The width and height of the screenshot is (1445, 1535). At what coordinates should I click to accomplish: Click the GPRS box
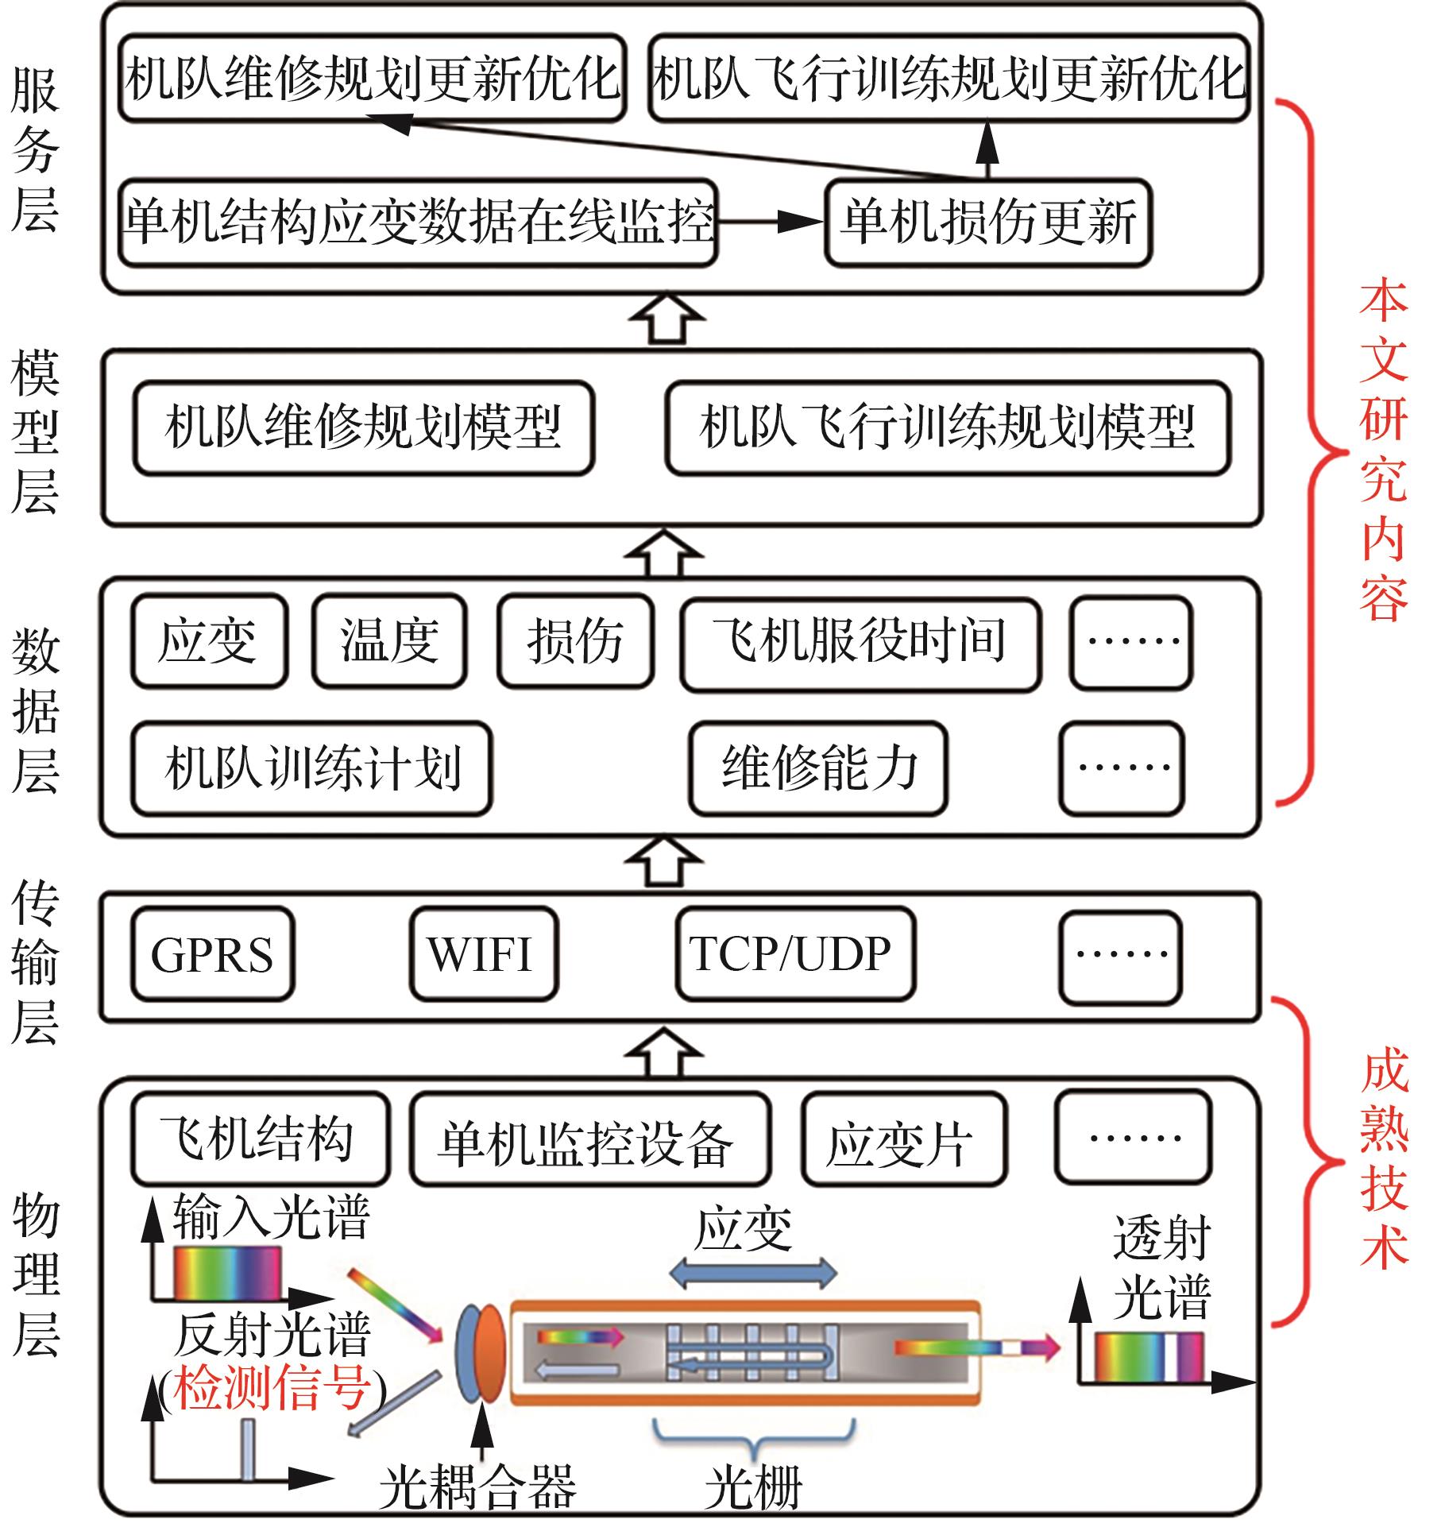[x=212, y=953]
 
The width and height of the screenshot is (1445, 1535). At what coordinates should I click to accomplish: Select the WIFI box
[x=483, y=953]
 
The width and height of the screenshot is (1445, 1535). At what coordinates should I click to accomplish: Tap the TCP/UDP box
[x=794, y=953]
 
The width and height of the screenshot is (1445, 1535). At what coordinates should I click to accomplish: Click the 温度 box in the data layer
[x=388, y=640]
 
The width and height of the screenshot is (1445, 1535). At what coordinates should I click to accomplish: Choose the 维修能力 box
[x=817, y=768]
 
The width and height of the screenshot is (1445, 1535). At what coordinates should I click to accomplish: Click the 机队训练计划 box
[x=311, y=768]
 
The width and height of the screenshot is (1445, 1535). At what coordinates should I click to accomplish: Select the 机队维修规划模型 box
[x=363, y=428]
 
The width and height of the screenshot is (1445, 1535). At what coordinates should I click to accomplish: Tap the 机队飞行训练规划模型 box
[x=947, y=428]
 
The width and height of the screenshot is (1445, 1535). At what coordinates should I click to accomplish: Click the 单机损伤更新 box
[x=987, y=223]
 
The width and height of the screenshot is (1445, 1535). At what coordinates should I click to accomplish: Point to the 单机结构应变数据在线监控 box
[x=418, y=222]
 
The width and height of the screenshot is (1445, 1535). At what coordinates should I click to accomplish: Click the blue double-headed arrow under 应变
[x=751, y=1273]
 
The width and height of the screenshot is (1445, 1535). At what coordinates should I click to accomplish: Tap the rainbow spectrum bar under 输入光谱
[x=228, y=1273]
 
